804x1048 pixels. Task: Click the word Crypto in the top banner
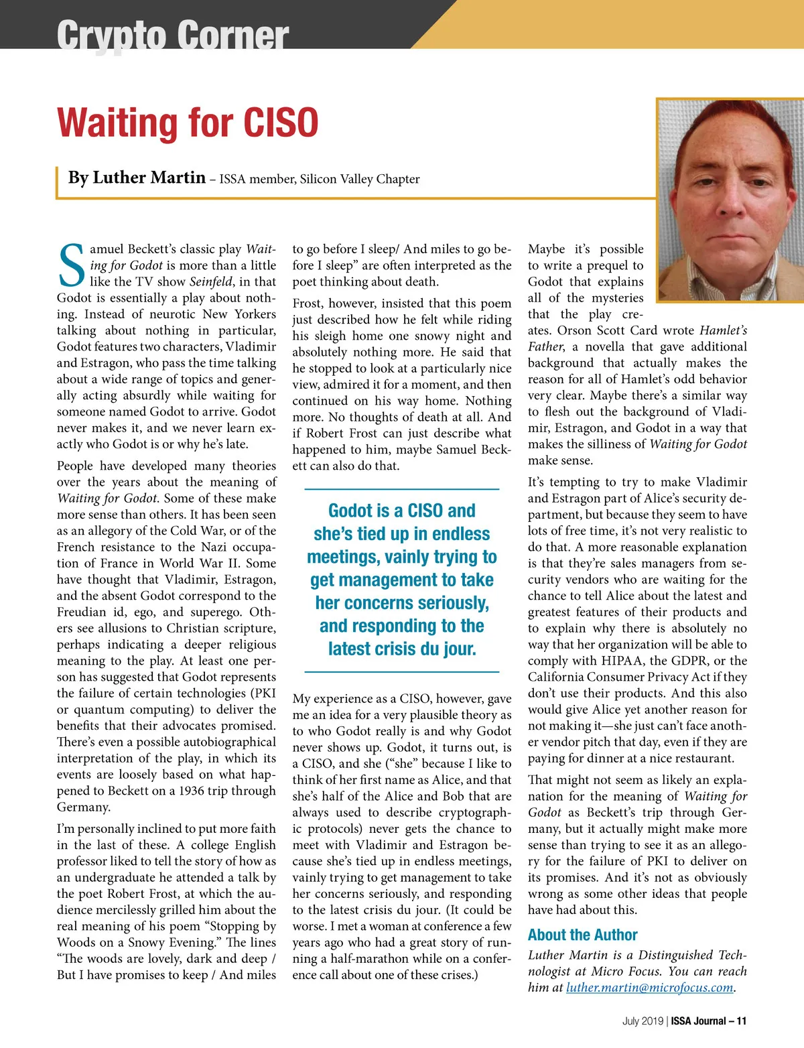(111, 35)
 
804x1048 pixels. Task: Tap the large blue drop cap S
(72, 266)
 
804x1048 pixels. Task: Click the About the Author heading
(582, 935)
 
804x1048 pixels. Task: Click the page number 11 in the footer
(741, 1021)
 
